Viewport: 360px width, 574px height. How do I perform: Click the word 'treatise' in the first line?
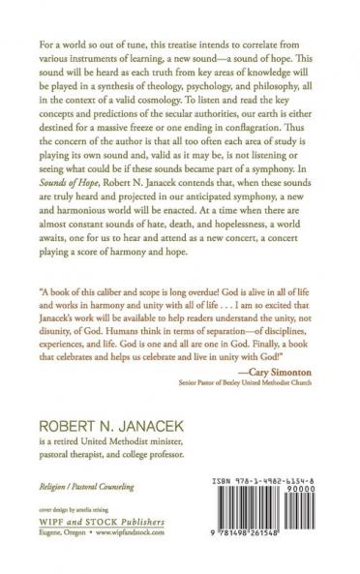click(x=184, y=45)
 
